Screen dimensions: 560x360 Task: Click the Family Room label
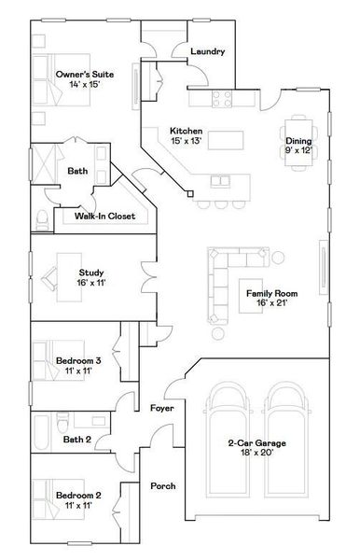(270, 293)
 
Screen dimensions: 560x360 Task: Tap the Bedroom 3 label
(78, 360)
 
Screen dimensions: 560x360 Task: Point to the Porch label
(162, 486)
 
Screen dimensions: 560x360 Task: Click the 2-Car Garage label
(256, 443)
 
